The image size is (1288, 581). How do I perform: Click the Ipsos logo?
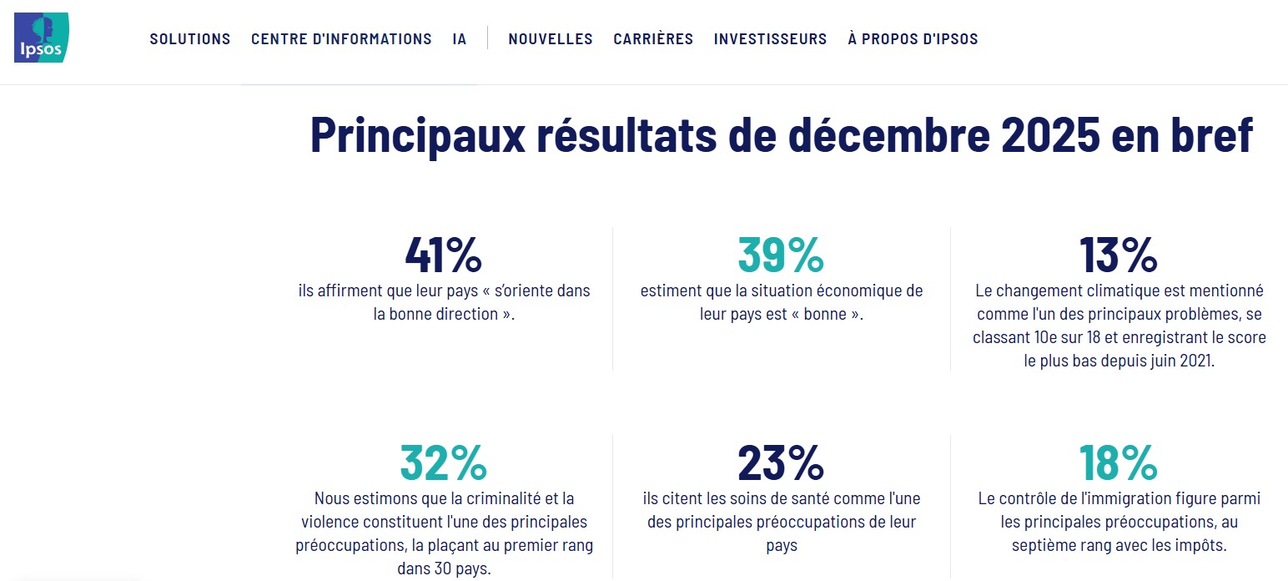point(41,38)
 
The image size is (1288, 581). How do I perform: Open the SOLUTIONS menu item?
point(190,39)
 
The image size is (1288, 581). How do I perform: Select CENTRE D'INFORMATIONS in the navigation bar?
point(341,39)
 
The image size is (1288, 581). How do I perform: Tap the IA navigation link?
point(460,39)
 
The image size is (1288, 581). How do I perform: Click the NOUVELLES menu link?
point(551,39)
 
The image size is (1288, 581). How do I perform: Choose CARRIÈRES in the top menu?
point(653,39)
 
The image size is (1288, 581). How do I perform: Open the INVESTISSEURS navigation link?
point(770,39)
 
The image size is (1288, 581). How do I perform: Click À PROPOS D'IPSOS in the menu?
point(913,39)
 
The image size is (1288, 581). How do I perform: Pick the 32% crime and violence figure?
point(443,462)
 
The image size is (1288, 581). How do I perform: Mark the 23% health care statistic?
point(781,462)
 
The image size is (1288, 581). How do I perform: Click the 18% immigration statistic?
point(1119,462)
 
